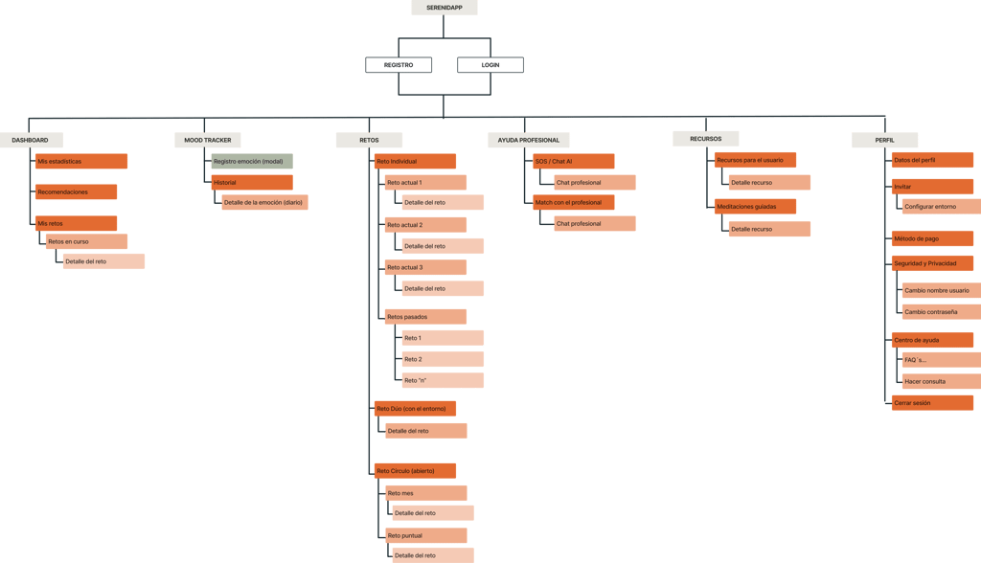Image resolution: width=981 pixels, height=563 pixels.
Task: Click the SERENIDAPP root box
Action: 444,8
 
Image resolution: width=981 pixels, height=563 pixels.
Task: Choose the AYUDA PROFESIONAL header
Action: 529,140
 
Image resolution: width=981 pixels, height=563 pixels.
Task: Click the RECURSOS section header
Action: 707,139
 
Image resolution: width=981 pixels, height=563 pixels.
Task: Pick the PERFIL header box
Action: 885,140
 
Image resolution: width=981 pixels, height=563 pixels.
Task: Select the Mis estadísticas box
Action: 81,162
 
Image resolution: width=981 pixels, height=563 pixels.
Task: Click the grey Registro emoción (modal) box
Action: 252,162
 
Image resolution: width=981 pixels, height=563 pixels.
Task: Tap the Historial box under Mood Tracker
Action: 252,182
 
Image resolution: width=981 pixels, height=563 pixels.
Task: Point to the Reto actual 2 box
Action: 425,225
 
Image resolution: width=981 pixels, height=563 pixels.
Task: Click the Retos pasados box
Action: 425,317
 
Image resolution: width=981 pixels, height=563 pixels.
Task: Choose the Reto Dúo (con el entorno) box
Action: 416,409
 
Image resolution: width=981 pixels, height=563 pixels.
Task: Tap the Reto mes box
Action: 425,493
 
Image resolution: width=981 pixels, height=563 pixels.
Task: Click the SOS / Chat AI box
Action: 573,162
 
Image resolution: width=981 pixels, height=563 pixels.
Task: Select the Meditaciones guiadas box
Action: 755,206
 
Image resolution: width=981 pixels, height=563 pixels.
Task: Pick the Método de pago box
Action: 932,238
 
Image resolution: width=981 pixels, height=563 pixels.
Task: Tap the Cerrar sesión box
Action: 932,403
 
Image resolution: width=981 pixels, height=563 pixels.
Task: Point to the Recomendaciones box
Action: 77,192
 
